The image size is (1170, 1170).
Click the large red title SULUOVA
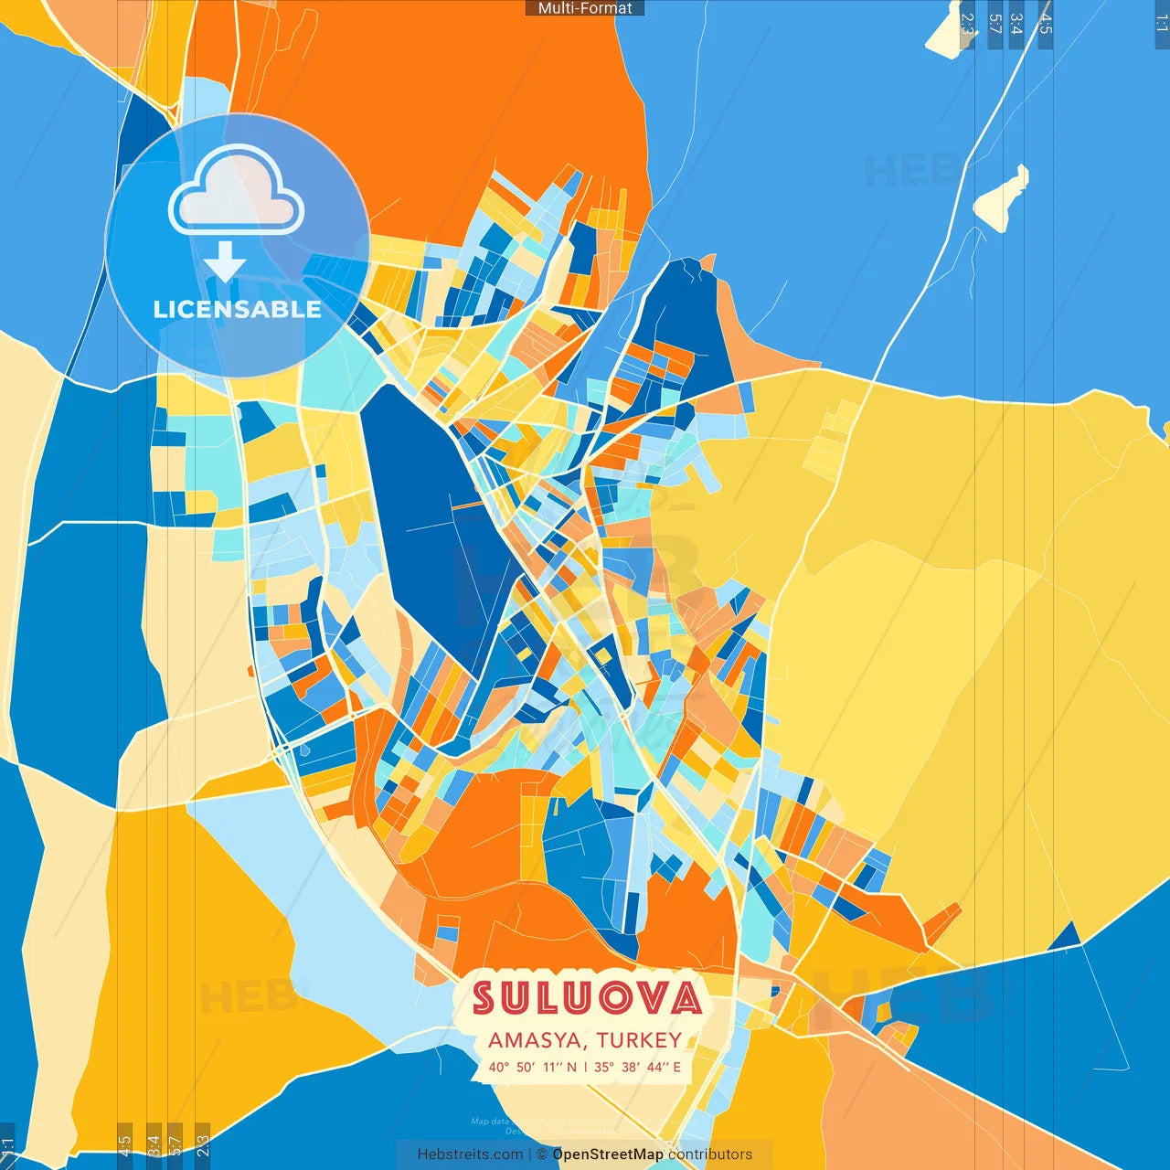[x=586, y=998]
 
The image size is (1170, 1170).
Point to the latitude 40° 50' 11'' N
[x=532, y=1067]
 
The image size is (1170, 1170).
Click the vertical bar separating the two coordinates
[x=585, y=1067]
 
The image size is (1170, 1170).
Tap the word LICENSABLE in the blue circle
[x=237, y=310]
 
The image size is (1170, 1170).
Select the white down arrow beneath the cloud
[x=225, y=262]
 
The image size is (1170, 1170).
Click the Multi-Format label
[x=585, y=8]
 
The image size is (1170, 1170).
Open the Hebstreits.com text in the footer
[x=470, y=1154]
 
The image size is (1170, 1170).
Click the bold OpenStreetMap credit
[x=608, y=1154]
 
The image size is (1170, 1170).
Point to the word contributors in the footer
[x=710, y=1154]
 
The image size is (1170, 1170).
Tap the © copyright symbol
[x=542, y=1154]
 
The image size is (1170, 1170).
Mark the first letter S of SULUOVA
[x=484, y=998]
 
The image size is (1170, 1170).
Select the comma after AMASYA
[x=590, y=1046]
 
